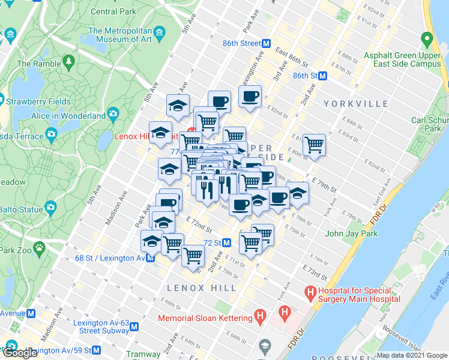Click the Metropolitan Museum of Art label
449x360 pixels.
[x=119, y=35]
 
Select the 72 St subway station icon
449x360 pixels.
[x=227, y=243]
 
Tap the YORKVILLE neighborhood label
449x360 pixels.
[x=357, y=104]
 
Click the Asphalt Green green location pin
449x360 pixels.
[x=427, y=41]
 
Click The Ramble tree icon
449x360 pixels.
[x=69, y=61]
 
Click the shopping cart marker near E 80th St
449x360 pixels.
[x=314, y=145]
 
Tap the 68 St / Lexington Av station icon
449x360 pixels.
[x=150, y=259]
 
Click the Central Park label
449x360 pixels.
[x=113, y=11]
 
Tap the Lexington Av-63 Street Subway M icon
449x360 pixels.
[x=134, y=327]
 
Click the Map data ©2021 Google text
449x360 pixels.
[x=411, y=355]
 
